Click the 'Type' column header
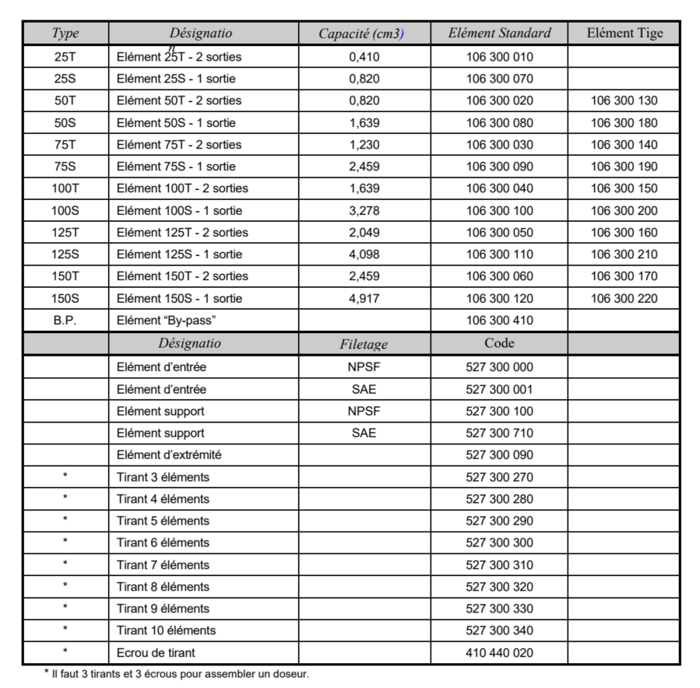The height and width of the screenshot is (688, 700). tap(65, 33)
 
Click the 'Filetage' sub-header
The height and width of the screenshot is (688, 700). tap(364, 344)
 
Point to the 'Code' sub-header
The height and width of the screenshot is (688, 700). tap(499, 342)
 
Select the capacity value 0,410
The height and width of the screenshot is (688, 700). tap(364, 57)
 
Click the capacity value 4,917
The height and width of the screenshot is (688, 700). tap(364, 298)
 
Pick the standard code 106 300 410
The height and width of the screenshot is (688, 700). tap(499, 320)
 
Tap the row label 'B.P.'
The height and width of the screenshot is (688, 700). tap(65, 320)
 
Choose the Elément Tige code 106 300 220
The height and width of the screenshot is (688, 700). tap(624, 298)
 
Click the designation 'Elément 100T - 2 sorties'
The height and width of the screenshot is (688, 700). tap(182, 188)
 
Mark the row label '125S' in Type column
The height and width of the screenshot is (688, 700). tap(65, 254)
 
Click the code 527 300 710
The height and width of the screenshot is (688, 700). tap(499, 433)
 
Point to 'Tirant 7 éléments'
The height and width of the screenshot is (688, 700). tap(163, 564)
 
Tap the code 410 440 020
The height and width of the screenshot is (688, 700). tap(499, 652)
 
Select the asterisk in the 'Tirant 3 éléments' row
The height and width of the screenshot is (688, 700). tap(65, 476)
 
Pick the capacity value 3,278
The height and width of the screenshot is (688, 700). tap(364, 210)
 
